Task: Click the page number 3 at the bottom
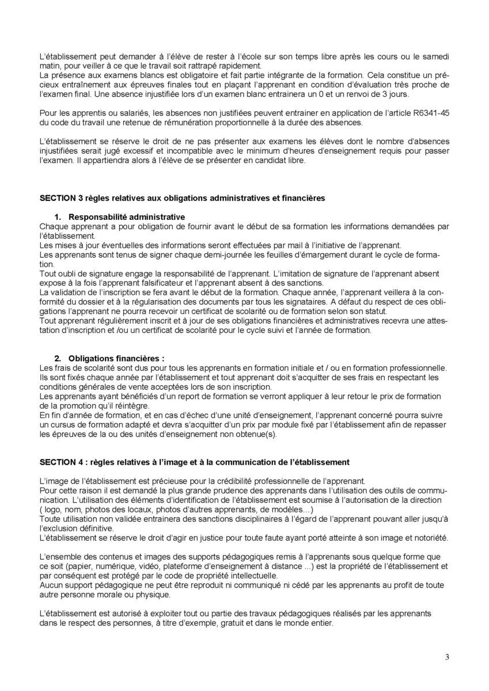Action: tap(447, 657)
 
